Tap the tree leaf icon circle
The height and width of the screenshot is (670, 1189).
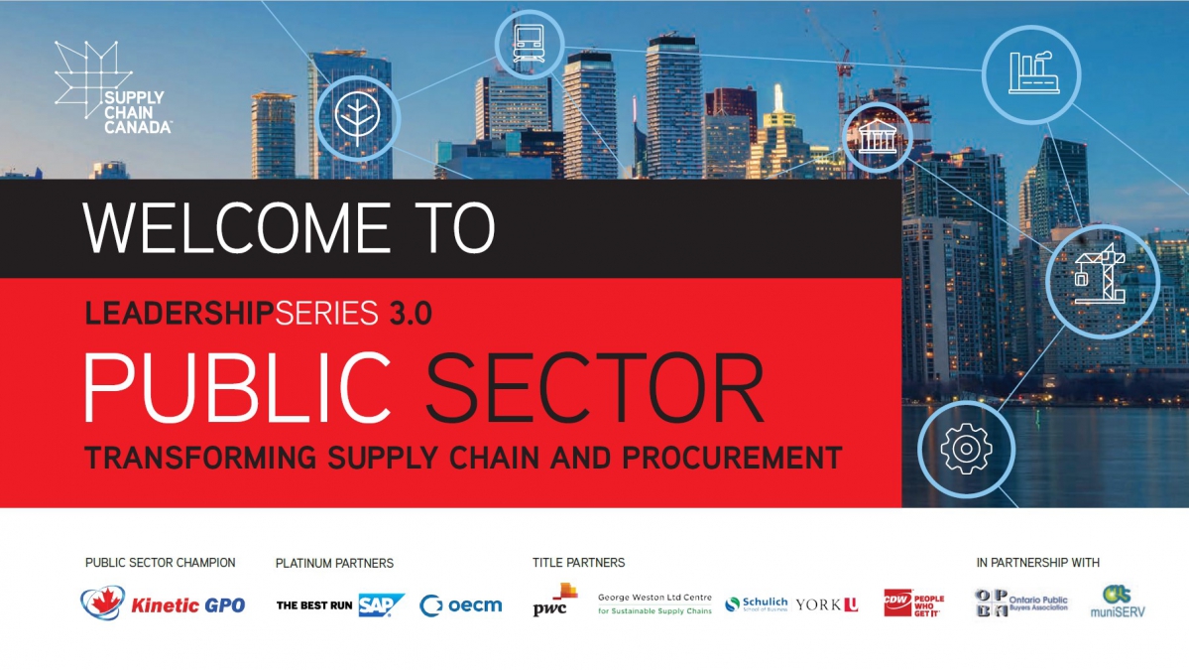pyautogui.click(x=357, y=118)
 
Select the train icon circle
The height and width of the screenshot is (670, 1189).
pyautogui.click(x=529, y=44)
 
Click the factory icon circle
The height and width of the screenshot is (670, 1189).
pyautogui.click(x=1031, y=74)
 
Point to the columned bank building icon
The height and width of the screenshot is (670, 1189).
pyautogui.click(x=878, y=137)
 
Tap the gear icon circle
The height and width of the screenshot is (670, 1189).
pyautogui.click(x=965, y=450)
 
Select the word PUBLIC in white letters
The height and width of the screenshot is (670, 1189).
pyautogui.click(x=237, y=388)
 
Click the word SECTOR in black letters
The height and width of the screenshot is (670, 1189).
pyautogui.click(x=595, y=388)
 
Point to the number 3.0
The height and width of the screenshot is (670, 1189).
pyautogui.click(x=411, y=314)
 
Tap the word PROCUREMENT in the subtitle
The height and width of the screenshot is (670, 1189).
pyautogui.click(x=732, y=458)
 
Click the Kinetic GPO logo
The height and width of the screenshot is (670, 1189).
pyautogui.click(x=163, y=603)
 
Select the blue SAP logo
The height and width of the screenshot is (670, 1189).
pyautogui.click(x=382, y=604)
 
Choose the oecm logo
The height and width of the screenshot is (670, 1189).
pyautogui.click(x=461, y=604)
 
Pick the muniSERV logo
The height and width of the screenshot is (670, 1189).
pyautogui.click(x=1118, y=602)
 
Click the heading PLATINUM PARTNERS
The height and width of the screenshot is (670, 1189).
pyautogui.click(x=334, y=563)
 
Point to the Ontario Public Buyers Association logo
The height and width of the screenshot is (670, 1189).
pyautogui.click(x=1020, y=603)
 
